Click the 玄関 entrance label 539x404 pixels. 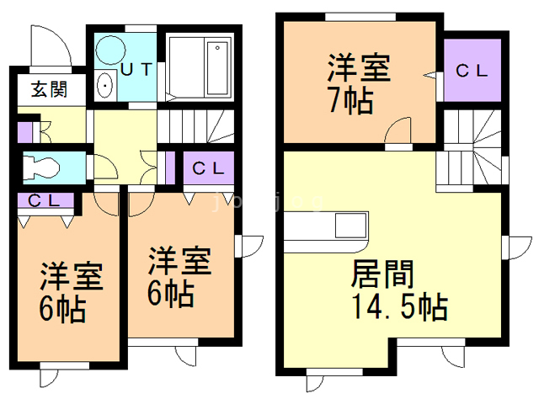49,89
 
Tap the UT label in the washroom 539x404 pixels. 136,69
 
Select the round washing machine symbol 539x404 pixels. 110,50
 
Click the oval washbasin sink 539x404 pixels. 105,86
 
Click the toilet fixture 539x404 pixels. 41,168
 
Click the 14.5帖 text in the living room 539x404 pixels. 400,306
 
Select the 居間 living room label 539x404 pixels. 382,274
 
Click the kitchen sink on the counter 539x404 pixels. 350,225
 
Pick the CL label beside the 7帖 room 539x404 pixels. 472,71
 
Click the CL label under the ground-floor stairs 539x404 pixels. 208,168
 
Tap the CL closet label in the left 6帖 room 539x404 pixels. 44,200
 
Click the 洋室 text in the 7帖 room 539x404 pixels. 359,67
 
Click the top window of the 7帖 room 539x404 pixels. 360,17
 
